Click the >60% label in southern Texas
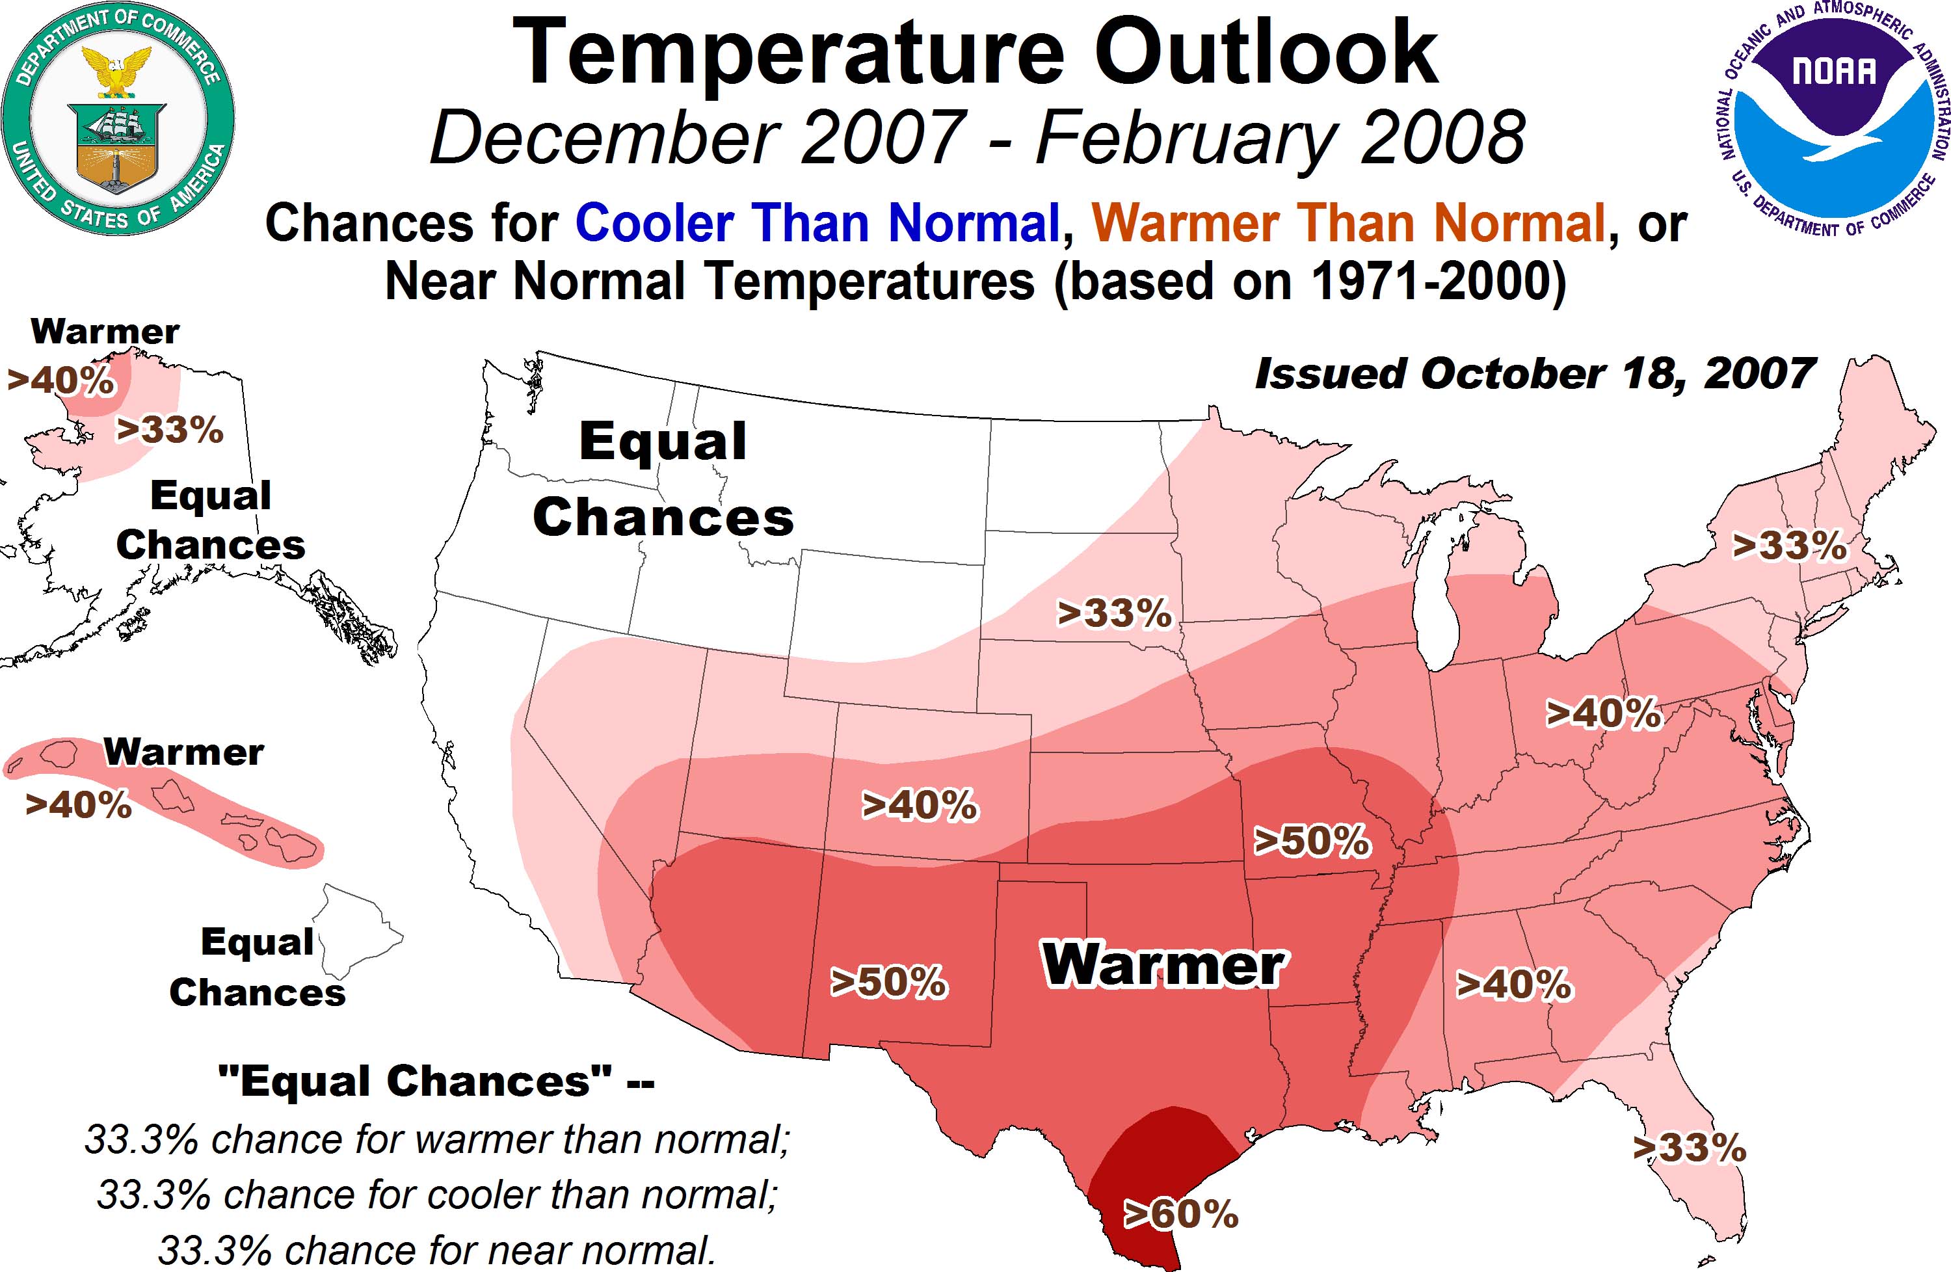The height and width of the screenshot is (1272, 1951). [1180, 1214]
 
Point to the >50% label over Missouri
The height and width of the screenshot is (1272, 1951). [1312, 841]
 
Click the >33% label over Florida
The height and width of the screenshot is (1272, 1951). [1690, 1148]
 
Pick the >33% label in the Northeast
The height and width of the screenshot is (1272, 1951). [1790, 546]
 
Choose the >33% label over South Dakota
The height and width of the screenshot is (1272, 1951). [1114, 613]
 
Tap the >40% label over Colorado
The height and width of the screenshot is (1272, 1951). [920, 805]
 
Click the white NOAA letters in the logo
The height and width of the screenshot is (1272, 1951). [1834, 72]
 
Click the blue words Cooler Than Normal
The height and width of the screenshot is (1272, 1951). [818, 223]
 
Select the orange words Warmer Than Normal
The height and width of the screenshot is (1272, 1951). [1347, 223]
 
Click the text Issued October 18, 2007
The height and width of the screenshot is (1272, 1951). [1535, 375]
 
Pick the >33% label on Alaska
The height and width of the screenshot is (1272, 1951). [170, 429]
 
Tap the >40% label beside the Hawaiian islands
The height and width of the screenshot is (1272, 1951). [79, 805]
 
